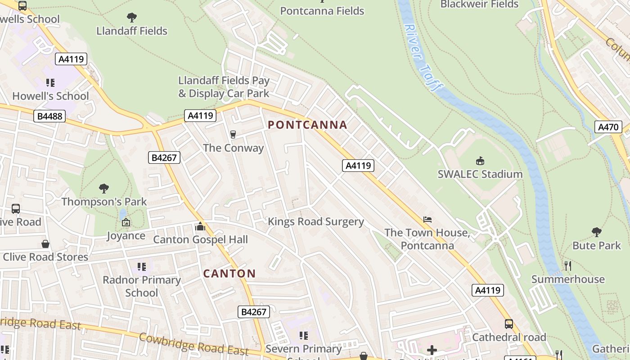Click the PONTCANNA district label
coord(307,125)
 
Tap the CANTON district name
coord(229,274)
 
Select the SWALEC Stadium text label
coord(480,174)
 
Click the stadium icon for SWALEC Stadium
coord(480,161)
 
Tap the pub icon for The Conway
coord(233,134)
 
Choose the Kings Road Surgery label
coord(315,221)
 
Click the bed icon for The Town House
coord(427,220)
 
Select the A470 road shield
coord(608,127)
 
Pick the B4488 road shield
coord(49,117)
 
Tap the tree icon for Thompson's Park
coord(104,188)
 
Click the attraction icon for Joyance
coord(126,222)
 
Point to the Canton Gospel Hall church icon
coord(200,226)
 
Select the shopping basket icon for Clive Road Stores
coord(45,244)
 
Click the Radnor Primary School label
coord(142,286)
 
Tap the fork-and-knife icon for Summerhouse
coord(567,266)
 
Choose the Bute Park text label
coord(596,246)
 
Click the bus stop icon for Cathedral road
coord(508,324)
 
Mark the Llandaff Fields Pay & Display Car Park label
coord(224,87)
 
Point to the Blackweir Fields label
coord(479,4)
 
